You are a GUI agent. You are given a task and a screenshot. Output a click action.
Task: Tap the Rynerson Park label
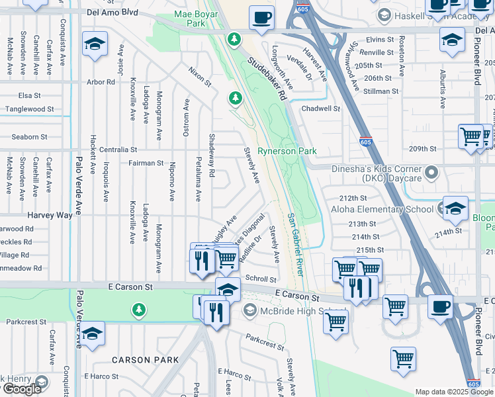coord(287,151)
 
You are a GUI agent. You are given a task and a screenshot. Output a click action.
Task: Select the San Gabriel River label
coord(296,245)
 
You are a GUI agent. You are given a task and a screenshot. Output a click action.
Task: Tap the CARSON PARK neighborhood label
coord(145,360)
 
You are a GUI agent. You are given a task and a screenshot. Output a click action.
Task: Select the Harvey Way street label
coord(49,216)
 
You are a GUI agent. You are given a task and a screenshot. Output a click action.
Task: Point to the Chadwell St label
coord(320,109)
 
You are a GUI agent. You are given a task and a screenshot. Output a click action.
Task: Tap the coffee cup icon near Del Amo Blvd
coord(262,17)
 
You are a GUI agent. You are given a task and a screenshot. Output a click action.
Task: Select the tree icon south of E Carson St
coord(138,308)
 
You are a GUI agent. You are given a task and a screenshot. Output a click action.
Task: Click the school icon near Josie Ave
coord(95,44)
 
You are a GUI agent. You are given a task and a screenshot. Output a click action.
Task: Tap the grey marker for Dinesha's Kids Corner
coord(432,173)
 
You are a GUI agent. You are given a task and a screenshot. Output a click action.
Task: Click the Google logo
coord(21,389)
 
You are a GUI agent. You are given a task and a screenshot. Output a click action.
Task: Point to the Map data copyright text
coord(454,392)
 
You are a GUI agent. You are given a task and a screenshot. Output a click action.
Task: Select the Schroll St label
coord(260,279)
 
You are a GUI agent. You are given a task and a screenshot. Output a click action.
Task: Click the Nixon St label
coord(199,77)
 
